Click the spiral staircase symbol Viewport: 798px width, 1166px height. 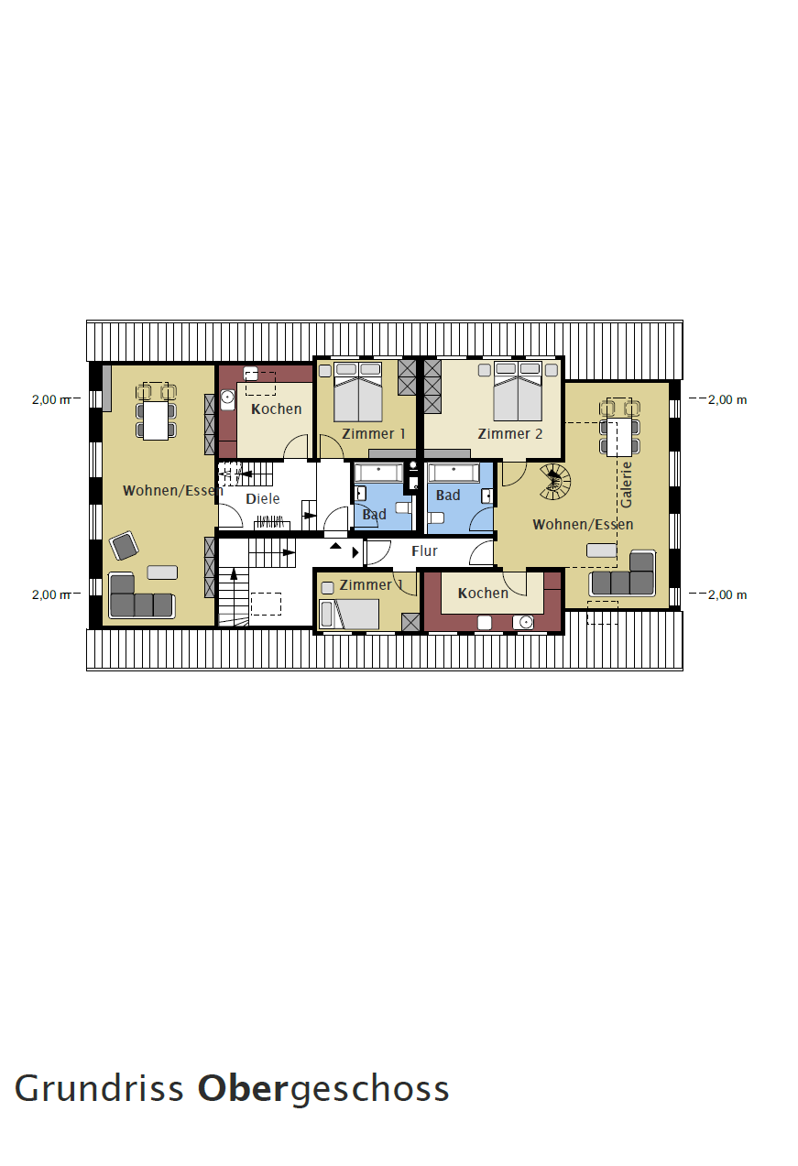[555, 483]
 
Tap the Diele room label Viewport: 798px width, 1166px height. [262, 498]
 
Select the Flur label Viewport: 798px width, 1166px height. [424, 550]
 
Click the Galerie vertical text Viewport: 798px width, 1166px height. [627, 485]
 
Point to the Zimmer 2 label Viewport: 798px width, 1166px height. [510, 433]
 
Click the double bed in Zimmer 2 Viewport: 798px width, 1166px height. [518, 391]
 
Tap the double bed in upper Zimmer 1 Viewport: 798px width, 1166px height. [358, 392]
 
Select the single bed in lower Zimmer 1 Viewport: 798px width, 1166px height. [350, 615]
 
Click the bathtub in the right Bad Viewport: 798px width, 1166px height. [453, 474]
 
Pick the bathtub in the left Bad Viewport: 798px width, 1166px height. [378, 474]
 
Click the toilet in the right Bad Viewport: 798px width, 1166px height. [436, 518]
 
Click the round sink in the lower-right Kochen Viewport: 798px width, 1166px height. [525, 622]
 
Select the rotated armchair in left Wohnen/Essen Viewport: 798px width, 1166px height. [124, 546]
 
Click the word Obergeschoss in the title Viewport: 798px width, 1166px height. [323, 1089]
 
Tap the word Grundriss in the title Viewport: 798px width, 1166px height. [99, 1088]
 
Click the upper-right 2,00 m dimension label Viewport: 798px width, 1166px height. [727, 399]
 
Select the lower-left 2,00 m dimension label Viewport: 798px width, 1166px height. [51, 594]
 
